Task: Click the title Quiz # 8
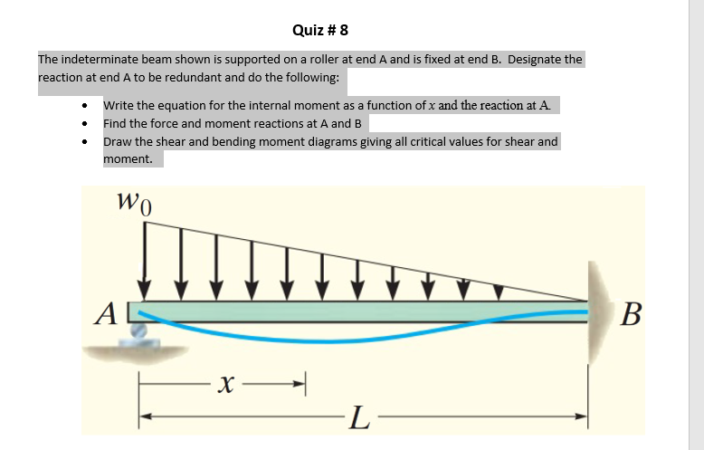click(320, 30)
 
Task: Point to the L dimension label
click(359, 417)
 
